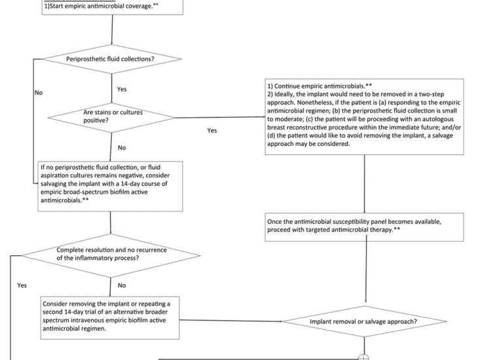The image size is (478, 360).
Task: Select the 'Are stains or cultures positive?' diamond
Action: pyautogui.click(x=113, y=117)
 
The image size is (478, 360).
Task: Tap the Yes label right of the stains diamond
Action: pyautogui.click(x=211, y=131)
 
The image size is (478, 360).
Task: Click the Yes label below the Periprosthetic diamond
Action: pyautogui.click(x=122, y=88)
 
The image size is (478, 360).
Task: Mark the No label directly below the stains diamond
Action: pyautogui.click(x=122, y=148)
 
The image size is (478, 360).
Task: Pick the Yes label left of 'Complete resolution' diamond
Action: pyautogui.click(x=22, y=285)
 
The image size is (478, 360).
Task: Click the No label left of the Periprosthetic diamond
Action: pyautogui.click(x=39, y=94)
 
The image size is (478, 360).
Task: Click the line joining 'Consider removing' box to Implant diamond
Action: pyautogui.click(x=229, y=321)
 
